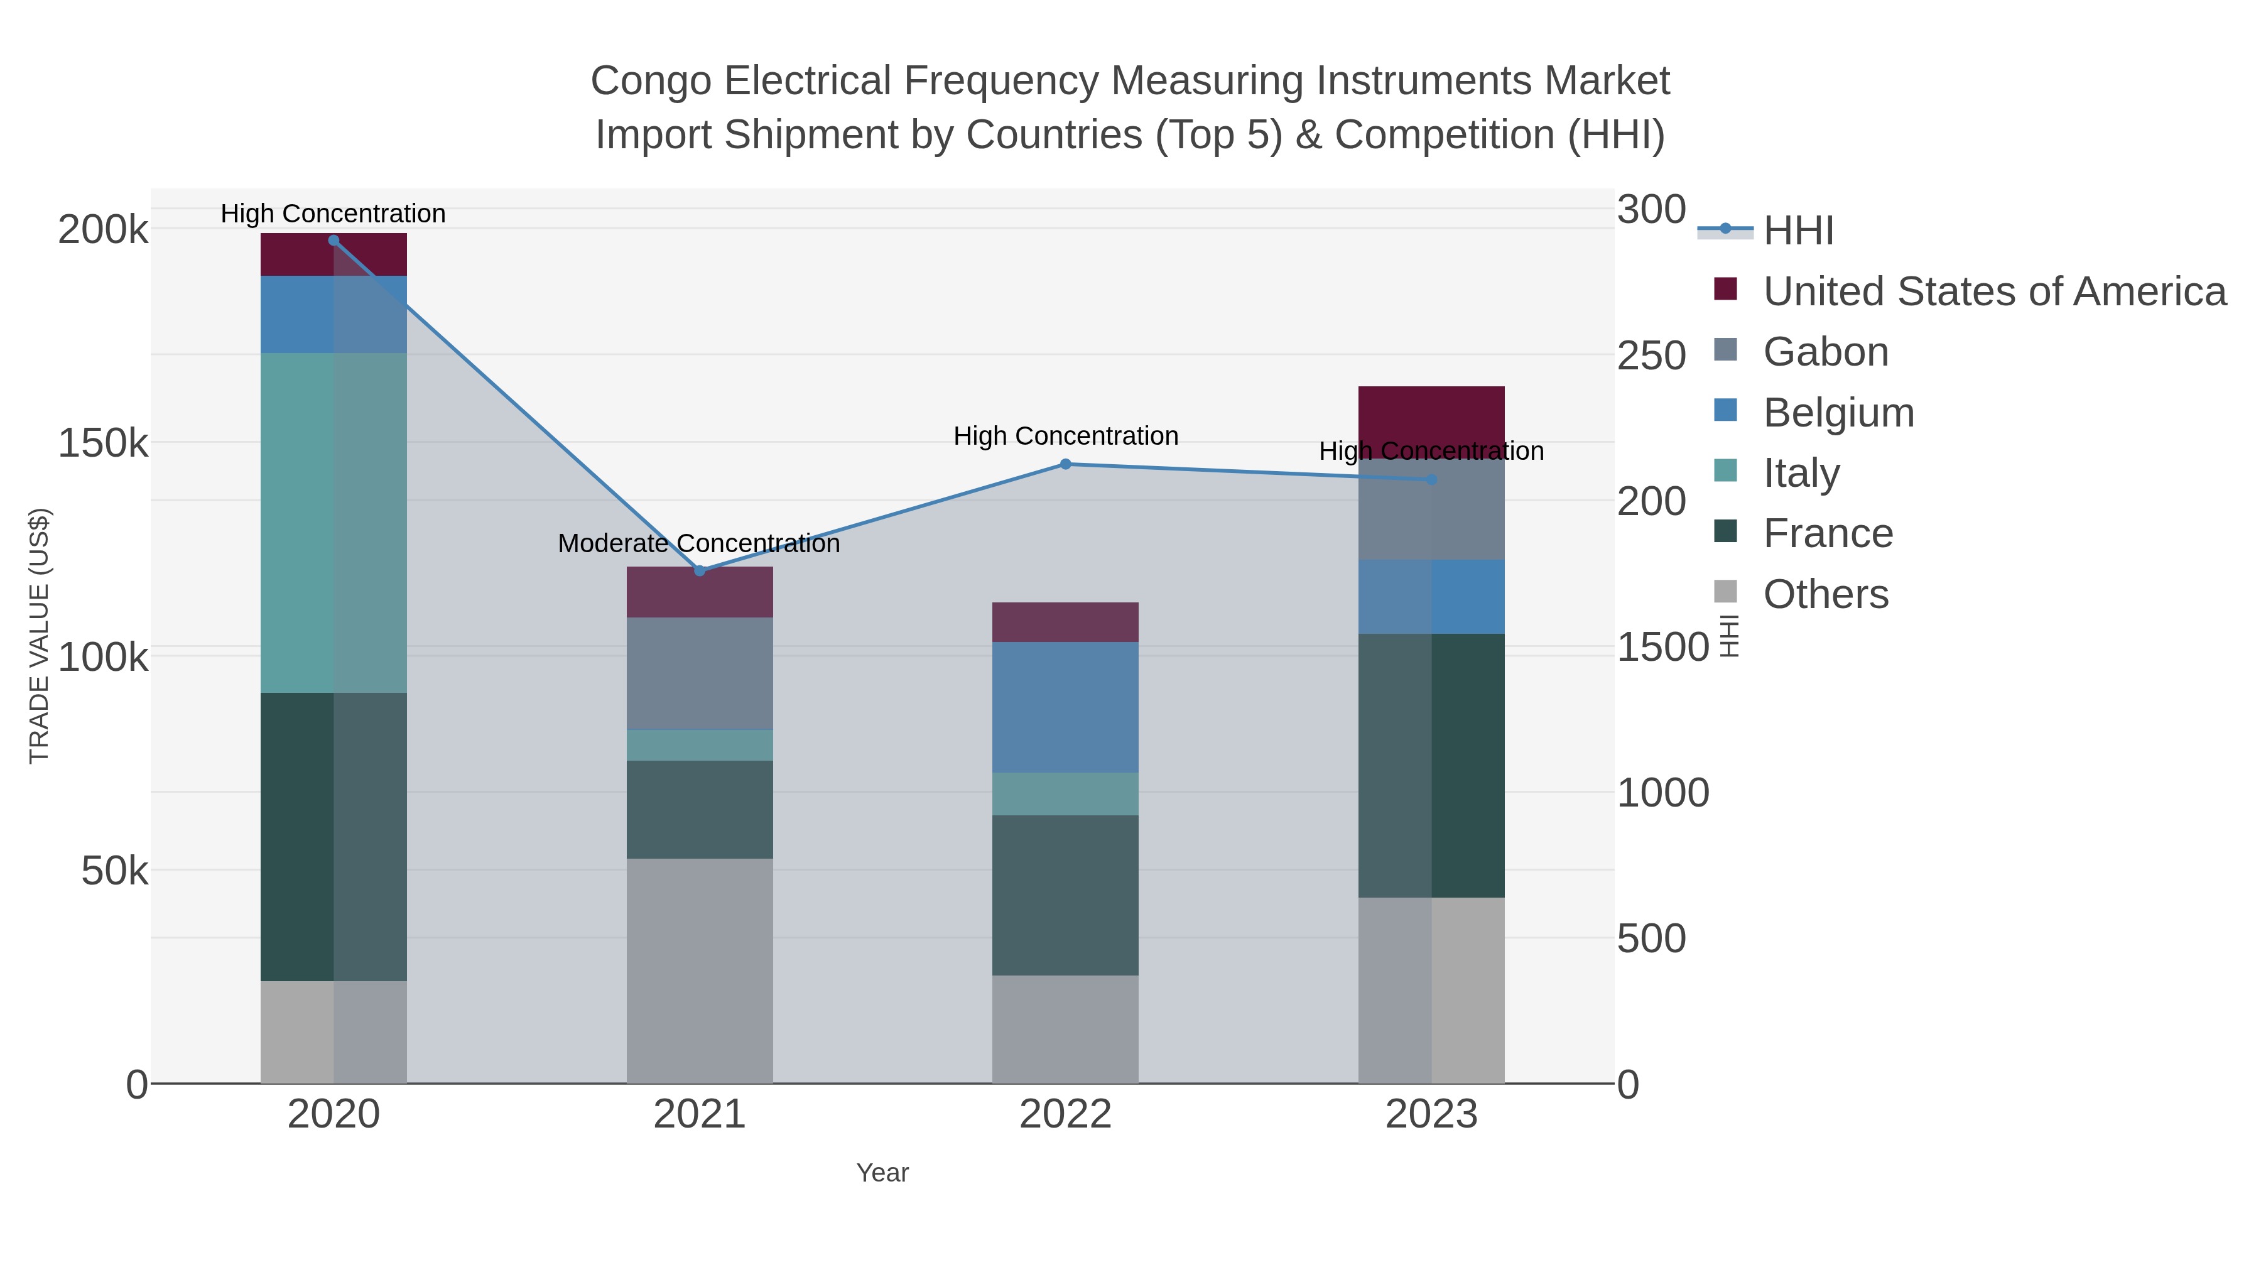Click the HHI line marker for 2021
point(700,570)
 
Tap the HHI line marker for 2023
point(1431,479)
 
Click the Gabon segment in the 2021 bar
point(700,673)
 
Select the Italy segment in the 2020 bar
point(333,523)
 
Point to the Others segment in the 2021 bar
point(700,970)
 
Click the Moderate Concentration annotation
point(698,543)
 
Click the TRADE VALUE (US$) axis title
point(40,636)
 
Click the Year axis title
point(882,1173)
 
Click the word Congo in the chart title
point(652,81)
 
